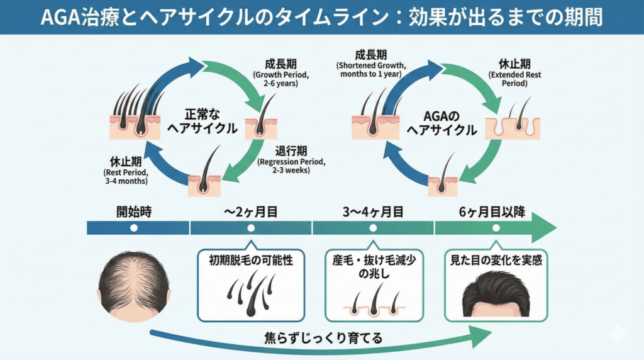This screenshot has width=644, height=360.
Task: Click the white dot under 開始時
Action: coord(133,228)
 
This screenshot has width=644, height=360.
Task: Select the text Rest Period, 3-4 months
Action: coord(126,177)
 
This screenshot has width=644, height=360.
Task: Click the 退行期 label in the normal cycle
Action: coord(291,150)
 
